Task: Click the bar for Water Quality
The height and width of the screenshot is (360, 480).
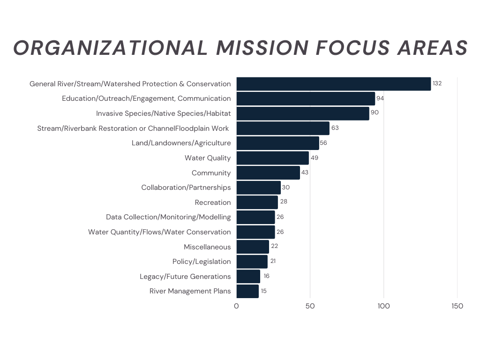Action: [x=272, y=158]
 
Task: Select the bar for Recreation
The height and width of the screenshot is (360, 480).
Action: [x=257, y=202]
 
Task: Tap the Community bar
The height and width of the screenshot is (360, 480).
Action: [x=268, y=173]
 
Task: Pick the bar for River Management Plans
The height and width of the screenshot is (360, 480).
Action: [x=247, y=291]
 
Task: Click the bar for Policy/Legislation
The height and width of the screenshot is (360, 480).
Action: [x=252, y=262]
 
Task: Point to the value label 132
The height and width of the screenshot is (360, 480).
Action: [x=437, y=83]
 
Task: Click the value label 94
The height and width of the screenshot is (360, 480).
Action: [x=380, y=98]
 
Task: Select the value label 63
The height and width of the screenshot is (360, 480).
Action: [x=335, y=128]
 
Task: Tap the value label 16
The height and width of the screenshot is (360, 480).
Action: [x=266, y=276]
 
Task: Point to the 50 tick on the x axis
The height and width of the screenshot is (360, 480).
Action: [x=310, y=306]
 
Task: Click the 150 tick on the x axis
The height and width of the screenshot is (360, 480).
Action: [x=457, y=306]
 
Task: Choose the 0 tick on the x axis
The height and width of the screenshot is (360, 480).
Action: [x=236, y=306]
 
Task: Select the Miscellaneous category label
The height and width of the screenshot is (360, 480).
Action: [x=207, y=247]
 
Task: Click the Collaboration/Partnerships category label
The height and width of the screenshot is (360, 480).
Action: [x=186, y=187]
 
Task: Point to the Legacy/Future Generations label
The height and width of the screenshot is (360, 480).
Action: [x=185, y=277]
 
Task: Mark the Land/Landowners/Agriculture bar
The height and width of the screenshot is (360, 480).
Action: [x=277, y=143]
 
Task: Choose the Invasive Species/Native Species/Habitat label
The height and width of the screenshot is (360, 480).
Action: [x=164, y=113]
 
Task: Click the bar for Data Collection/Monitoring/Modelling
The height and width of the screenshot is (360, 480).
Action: [x=255, y=217]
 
